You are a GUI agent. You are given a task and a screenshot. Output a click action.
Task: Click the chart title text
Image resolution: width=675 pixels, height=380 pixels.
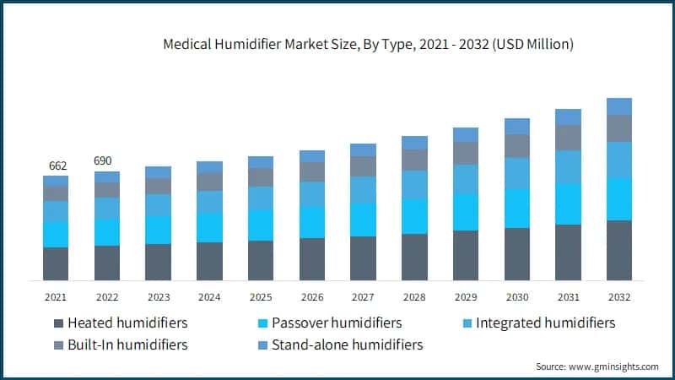point(368,45)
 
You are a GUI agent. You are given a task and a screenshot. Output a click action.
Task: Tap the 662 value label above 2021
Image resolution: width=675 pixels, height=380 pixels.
point(56,166)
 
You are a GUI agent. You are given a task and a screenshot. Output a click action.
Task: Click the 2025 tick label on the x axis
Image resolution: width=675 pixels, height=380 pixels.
point(261,296)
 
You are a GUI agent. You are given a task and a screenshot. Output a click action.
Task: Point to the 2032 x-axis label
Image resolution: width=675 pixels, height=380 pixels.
point(618,296)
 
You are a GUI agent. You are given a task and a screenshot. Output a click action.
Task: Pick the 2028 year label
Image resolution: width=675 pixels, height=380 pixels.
point(414,296)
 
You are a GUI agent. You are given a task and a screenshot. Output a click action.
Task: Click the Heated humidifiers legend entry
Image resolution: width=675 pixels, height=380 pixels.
point(127,323)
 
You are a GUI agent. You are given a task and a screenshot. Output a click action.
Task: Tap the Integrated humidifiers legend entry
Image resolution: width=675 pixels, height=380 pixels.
point(545,323)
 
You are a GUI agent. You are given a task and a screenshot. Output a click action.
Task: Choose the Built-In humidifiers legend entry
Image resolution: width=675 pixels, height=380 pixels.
point(127,345)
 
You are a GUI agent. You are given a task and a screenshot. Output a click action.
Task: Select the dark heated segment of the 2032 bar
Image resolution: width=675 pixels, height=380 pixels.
point(618,250)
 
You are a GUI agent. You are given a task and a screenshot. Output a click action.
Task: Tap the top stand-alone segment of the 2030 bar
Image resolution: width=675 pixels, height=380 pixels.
point(516,126)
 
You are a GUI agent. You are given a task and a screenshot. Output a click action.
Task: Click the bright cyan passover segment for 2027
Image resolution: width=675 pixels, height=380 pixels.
point(363,220)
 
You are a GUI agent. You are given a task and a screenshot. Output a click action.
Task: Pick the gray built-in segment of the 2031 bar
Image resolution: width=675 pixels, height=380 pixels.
point(568,138)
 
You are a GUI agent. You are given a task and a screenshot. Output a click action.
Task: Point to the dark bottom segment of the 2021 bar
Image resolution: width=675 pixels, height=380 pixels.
point(56,263)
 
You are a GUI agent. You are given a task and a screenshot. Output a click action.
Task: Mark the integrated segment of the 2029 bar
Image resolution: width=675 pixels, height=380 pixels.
point(465,179)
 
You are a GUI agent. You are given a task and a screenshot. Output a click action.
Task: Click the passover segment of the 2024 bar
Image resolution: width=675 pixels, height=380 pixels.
point(209,227)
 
